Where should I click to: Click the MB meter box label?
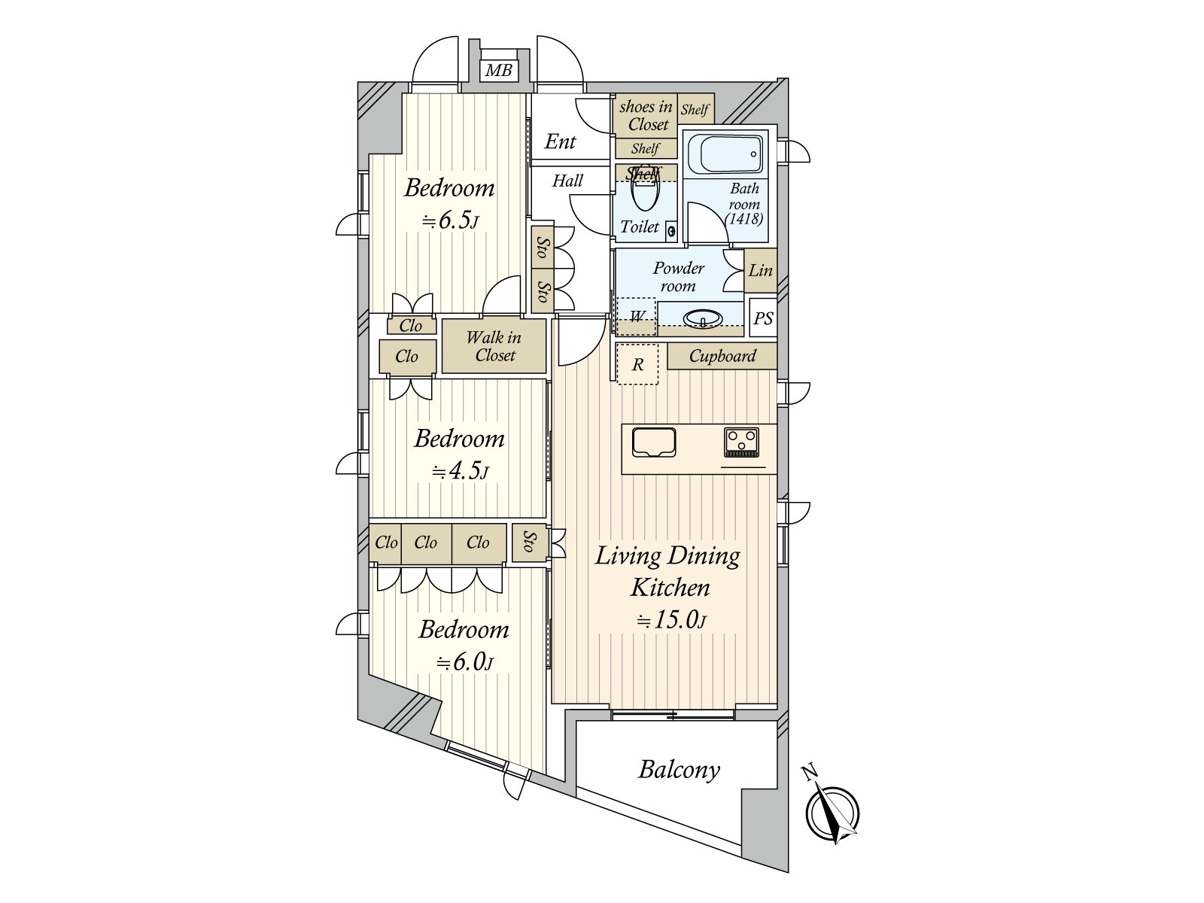click(499, 70)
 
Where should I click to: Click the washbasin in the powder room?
click(703, 318)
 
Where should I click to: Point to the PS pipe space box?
click(762, 318)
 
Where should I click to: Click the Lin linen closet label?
click(760, 270)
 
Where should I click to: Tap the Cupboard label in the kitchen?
click(722, 357)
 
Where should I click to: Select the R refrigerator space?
click(637, 364)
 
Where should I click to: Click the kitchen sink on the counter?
click(654, 442)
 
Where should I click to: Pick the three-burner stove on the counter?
click(742, 442)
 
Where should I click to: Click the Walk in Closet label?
click(494, 346)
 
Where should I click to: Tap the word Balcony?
click(679, 771)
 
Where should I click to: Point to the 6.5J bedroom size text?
click(450, 220)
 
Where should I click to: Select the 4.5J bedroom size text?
click(460, 471)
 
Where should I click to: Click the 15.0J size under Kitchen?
click(671, 619)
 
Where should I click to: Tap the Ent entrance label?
click(560, 142)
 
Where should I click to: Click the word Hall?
click(567, 181)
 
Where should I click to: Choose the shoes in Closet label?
click(646, 116)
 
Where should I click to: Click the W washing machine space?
click(637, 316)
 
